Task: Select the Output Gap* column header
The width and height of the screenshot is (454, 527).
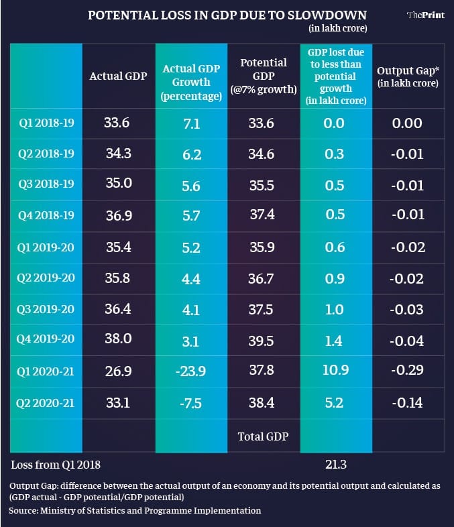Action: [x=407, y=76]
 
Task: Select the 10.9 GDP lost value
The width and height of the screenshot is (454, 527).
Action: [x=334, y=371]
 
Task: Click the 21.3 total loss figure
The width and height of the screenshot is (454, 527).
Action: [x=334, y=463]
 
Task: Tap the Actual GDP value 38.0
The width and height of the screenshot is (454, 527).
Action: [x=117, y=340]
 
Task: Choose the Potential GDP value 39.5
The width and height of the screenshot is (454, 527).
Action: [x=261, y=341]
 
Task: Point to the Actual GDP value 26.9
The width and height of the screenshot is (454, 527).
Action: [x=117, y=371]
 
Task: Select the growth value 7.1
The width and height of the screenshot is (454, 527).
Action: [x=190, y=123]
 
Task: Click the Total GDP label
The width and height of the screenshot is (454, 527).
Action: [x=263, y=436]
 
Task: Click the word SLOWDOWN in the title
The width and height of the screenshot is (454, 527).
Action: [x=324, y=13]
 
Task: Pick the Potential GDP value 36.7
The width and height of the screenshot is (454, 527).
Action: [x=261, y=278]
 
